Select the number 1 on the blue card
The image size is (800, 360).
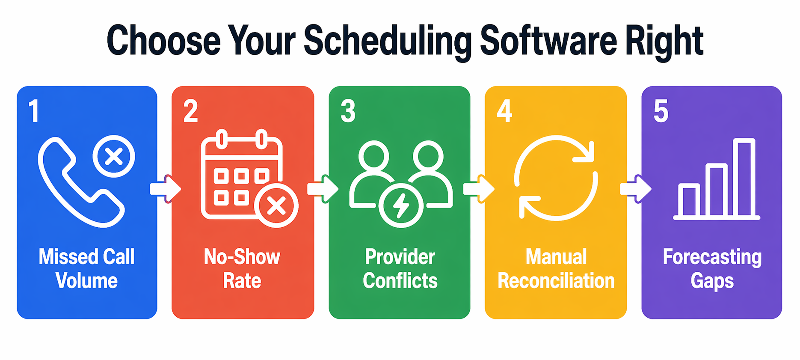(x=34, y=111)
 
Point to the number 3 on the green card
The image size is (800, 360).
(x=348, y=111)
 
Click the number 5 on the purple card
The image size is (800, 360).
(x=661, y=111)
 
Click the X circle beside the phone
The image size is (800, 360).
(x=114, y=156)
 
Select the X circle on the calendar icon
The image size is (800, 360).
(x=276, y=206)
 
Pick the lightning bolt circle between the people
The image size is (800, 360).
(x=401, y=205)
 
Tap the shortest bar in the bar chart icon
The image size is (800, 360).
(x=689, y=200)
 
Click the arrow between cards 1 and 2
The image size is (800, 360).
(x=166, y=189)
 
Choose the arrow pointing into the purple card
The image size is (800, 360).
(x=636, y=189)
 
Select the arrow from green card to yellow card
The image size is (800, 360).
(x=479, y=189)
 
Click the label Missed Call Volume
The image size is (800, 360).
(x=87, y=269)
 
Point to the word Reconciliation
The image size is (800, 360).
(x=556, y=281)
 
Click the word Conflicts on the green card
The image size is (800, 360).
(x=400, y=281)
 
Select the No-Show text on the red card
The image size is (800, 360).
(x=242, y=257)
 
